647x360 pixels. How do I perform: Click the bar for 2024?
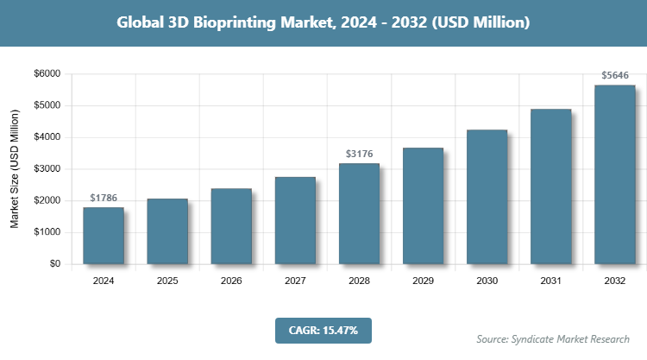104,235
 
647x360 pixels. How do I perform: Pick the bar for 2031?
550,186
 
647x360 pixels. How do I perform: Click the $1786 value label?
104,198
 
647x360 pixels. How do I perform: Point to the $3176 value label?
359,154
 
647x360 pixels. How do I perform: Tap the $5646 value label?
614,76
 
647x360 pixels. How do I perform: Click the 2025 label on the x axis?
167,281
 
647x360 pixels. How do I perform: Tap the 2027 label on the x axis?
295,281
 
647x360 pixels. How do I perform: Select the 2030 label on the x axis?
487,281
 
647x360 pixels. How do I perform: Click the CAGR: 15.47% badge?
323,330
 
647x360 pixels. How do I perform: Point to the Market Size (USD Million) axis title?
15,169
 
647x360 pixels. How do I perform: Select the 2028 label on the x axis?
359,281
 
